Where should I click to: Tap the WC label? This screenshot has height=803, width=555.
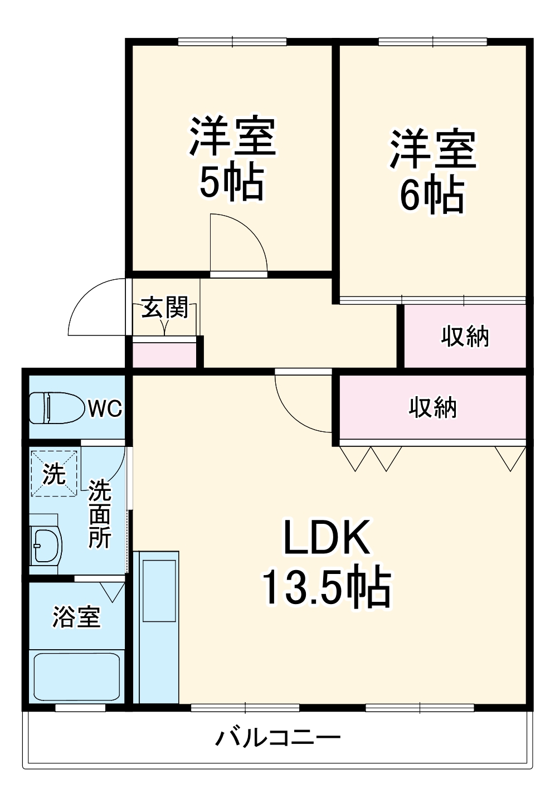coord(105,408)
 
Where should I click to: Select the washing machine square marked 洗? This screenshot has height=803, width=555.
coord(54,474)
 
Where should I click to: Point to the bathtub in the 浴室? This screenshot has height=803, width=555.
coord(76,676)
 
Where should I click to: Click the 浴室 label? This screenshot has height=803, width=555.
coord(76,617)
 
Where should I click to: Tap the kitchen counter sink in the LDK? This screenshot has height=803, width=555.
coord(159,591)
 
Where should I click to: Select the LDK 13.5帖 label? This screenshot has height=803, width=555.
coord(327,563)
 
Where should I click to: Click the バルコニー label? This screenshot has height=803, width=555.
coord(277,738)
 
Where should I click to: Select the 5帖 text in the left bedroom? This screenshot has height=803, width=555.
coord(232,183)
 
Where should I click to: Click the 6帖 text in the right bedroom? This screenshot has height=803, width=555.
coord(432,195)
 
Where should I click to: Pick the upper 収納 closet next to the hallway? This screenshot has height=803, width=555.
coord(465,336)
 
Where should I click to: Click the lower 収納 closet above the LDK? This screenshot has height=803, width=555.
coord(432,407)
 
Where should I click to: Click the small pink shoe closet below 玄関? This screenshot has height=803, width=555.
coord(164,356)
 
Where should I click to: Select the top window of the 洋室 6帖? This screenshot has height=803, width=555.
coord(432,42)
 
